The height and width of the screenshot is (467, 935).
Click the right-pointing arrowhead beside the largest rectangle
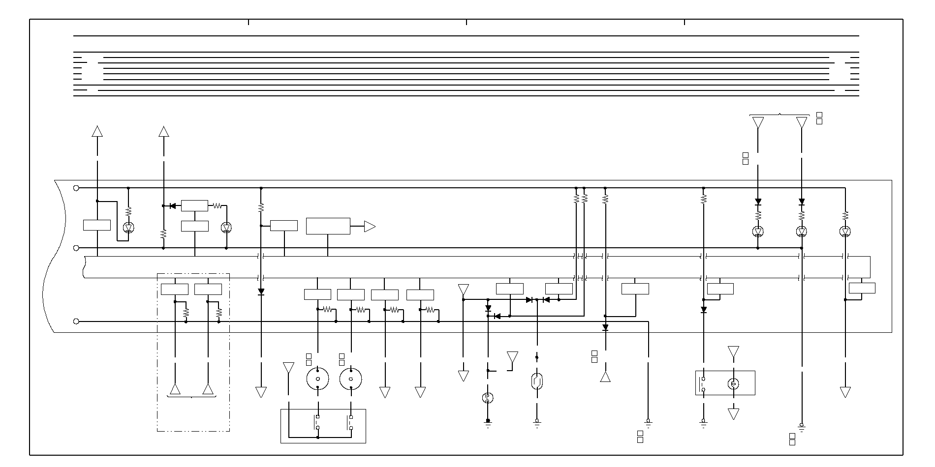pyautogui.click(x=370, y=227)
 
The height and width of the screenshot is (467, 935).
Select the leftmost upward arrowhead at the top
pyautogui.click(x=97, y=131)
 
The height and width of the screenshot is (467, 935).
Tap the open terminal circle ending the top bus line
pyautogui.click(x=76, y=188)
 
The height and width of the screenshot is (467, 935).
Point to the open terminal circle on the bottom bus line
pyautogui.click(x=76, y=321)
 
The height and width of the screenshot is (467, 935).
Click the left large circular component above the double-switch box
pyautogui.click(x=317, y=379)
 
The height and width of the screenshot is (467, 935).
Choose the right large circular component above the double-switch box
pyautogui.click(x=351, y=379)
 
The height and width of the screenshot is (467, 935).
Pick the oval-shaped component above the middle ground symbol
pyautogui.click(x=537, y=381)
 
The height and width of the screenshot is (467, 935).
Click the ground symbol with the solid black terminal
pyautogui.click(x=488, y=423)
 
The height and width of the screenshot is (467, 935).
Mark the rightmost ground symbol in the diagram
pyautogui.click(x=802, y=427)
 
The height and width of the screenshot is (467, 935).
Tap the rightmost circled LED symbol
pyautogui.click(x=845, y=232)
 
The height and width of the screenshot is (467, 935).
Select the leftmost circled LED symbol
pyautogui.click(x=128, y=228)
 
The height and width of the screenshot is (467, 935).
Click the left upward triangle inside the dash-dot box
pyautogui.click(x=175, y=389)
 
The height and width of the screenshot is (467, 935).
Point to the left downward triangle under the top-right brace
pyautogui.click(x=758, y=122)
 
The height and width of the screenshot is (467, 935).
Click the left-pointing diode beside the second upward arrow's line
pyautogui.click(x=172, y=206)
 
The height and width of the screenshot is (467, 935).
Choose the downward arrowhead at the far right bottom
pyautogui.click(x=845, y=392)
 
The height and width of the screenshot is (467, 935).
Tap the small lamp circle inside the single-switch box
pyautogui.click(x=733, y=383)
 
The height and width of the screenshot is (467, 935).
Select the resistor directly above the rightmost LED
pyautogui.click(x=845, y=215)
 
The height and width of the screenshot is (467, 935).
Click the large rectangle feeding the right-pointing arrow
pyautogui.click(x=328, y=226)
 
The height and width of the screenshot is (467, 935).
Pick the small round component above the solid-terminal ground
pyautogui.click(x=488, y=398)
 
